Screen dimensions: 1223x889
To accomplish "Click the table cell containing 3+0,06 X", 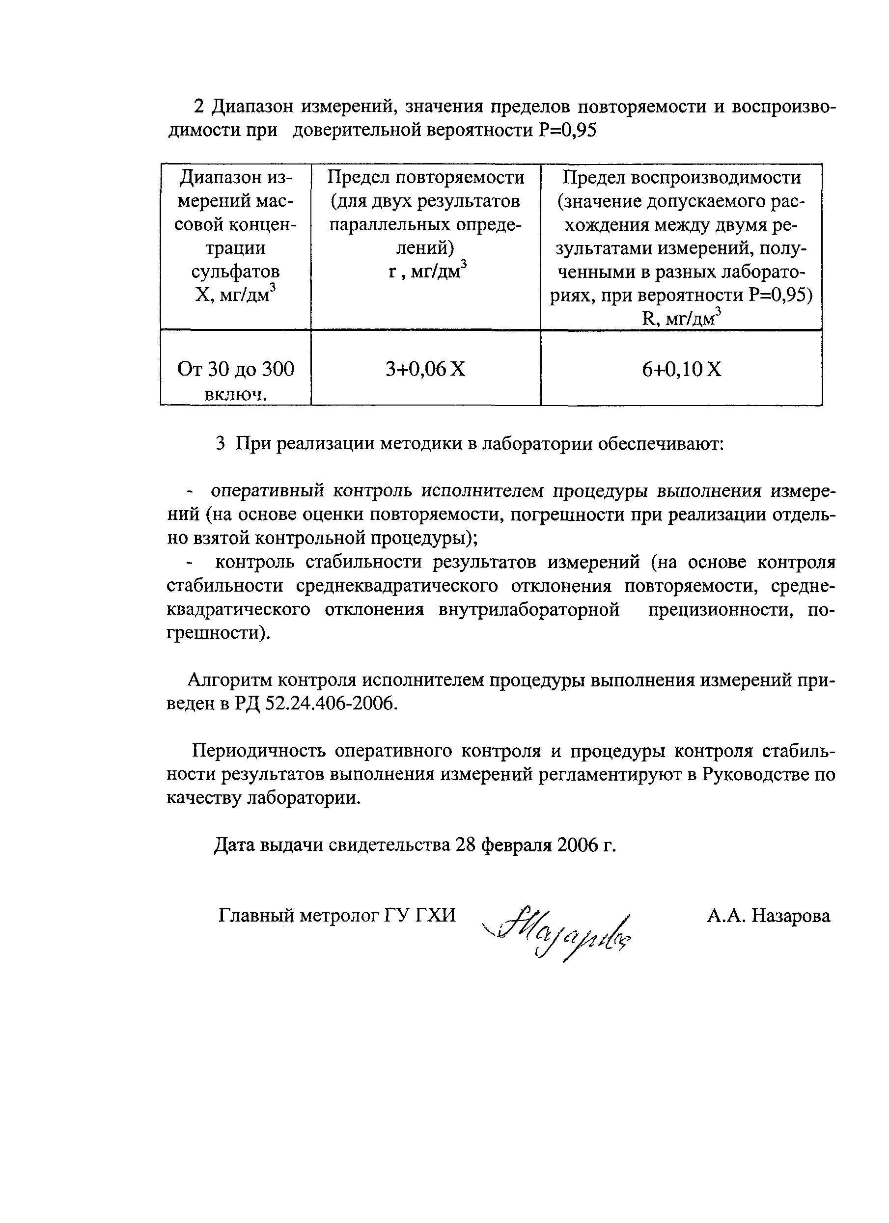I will tap(425, 369).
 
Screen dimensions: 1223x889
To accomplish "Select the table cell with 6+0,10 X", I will tap(681, 369).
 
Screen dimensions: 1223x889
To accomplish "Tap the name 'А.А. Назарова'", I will tap(769, 916).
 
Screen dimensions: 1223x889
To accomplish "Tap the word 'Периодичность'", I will tap(259, 751).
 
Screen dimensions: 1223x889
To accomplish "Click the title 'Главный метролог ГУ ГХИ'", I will tap(337, 916).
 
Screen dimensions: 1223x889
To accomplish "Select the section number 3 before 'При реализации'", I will tap(220, 444).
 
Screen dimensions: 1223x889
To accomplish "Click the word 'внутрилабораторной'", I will tap(528, 609).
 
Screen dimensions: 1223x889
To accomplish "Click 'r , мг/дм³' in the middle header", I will tap(426, 271).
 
